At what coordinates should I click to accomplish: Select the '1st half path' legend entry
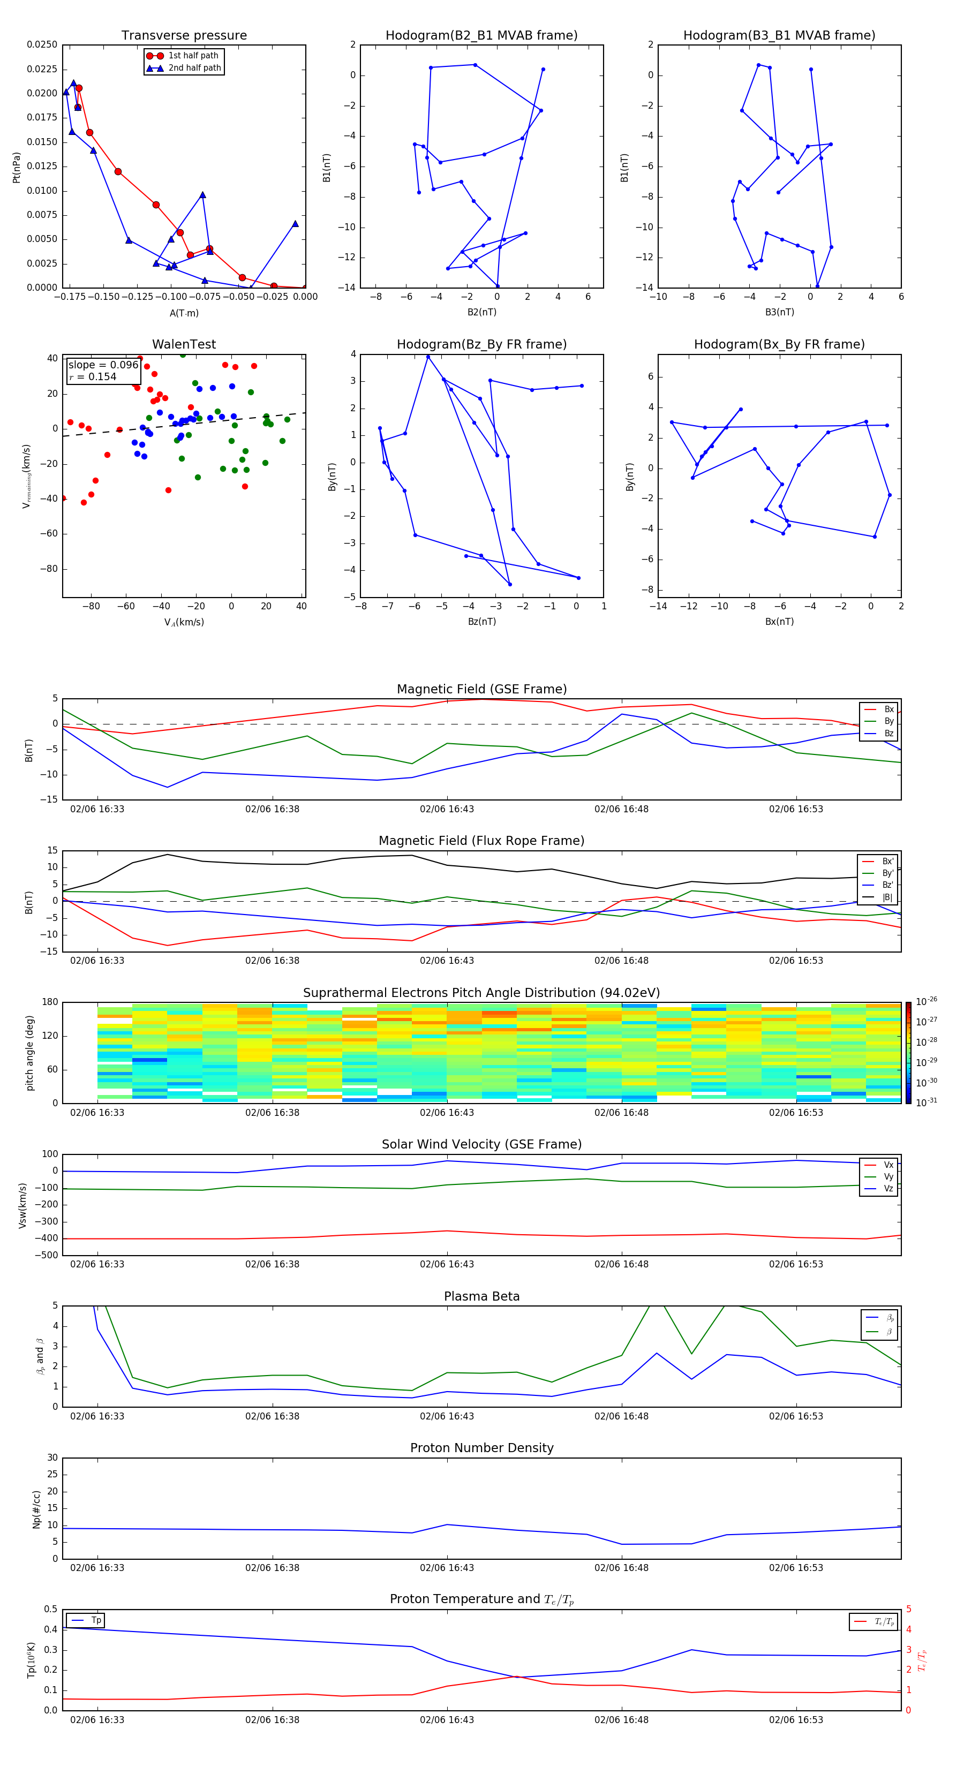(x=193, y=56)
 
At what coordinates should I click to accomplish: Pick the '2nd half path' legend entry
(x=194, y=68)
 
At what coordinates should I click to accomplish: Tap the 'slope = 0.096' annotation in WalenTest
(x=103, y=365)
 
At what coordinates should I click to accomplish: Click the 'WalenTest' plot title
(x=184, y=344)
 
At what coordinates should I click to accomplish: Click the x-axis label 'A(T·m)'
(x=184, y=313)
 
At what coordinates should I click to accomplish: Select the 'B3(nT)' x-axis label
(x=779, y=312)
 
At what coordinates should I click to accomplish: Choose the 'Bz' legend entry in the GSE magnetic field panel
(x=888, y=733)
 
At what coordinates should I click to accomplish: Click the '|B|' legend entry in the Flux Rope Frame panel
(x=887, y=897)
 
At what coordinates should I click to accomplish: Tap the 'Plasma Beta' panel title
(x=481, y=1296)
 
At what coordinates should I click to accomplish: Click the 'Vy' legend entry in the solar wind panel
(x=888, y=1176)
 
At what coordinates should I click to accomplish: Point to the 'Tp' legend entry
(x=96, y=1620)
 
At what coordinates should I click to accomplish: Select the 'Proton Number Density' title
(x=481, y=1448)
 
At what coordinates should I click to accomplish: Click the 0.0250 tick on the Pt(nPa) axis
(x=42, y=44)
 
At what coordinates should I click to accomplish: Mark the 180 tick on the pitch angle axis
(x=49, y=1002)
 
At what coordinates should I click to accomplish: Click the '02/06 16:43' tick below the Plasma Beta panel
(x=447, y=1416)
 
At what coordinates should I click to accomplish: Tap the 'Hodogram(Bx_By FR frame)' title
(x=779, y=344)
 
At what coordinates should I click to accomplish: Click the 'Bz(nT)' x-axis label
(x=481, y=622)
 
